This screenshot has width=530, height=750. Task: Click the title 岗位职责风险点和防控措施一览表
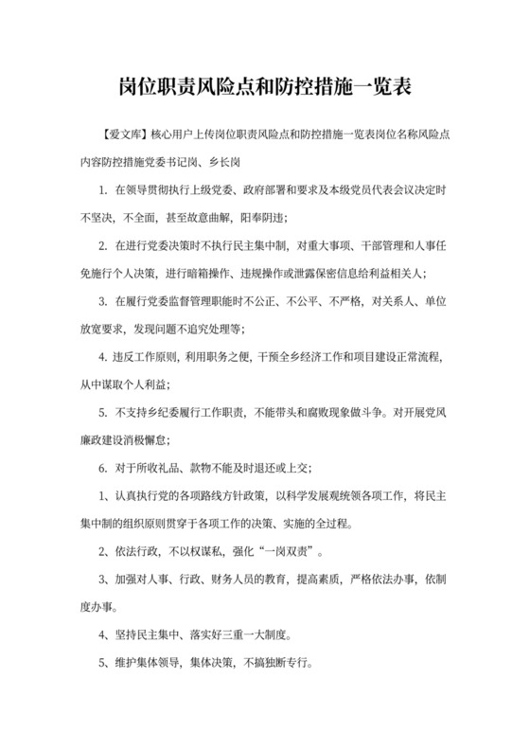pos(265,86)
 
